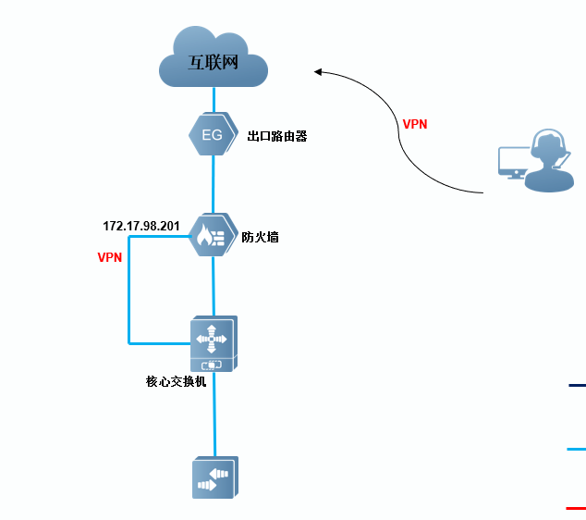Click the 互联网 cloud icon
(214, 59)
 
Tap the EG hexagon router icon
(212, 135)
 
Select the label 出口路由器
(277, 136)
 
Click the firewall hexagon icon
(213, 236)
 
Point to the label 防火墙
(260, 237)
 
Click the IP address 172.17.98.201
(140, 226)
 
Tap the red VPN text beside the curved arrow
(415, 124)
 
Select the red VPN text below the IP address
(110, 258)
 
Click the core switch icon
(214, 343)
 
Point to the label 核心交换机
(176, 380)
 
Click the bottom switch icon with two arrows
(214, 478)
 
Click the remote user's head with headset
(548, 148)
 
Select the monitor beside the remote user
(512, 161)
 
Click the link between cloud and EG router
(214, 100)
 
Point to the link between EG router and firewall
(214, 183)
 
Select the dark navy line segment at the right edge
(577, 385)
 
